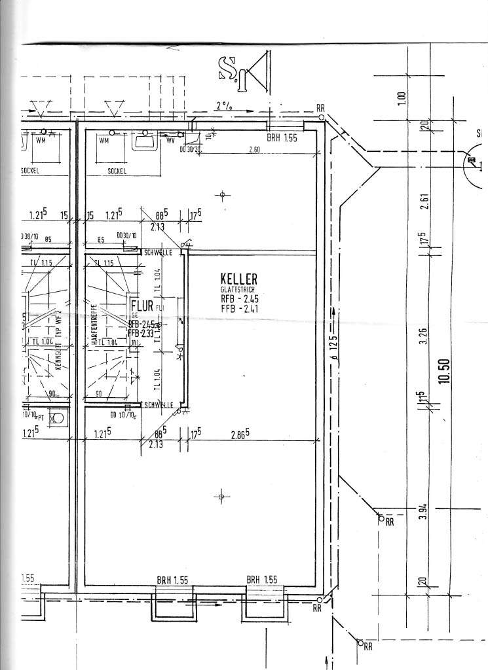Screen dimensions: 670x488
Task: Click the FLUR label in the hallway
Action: (x=141, y=305)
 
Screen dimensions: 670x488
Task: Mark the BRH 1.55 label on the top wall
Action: (x=282, y=139)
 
